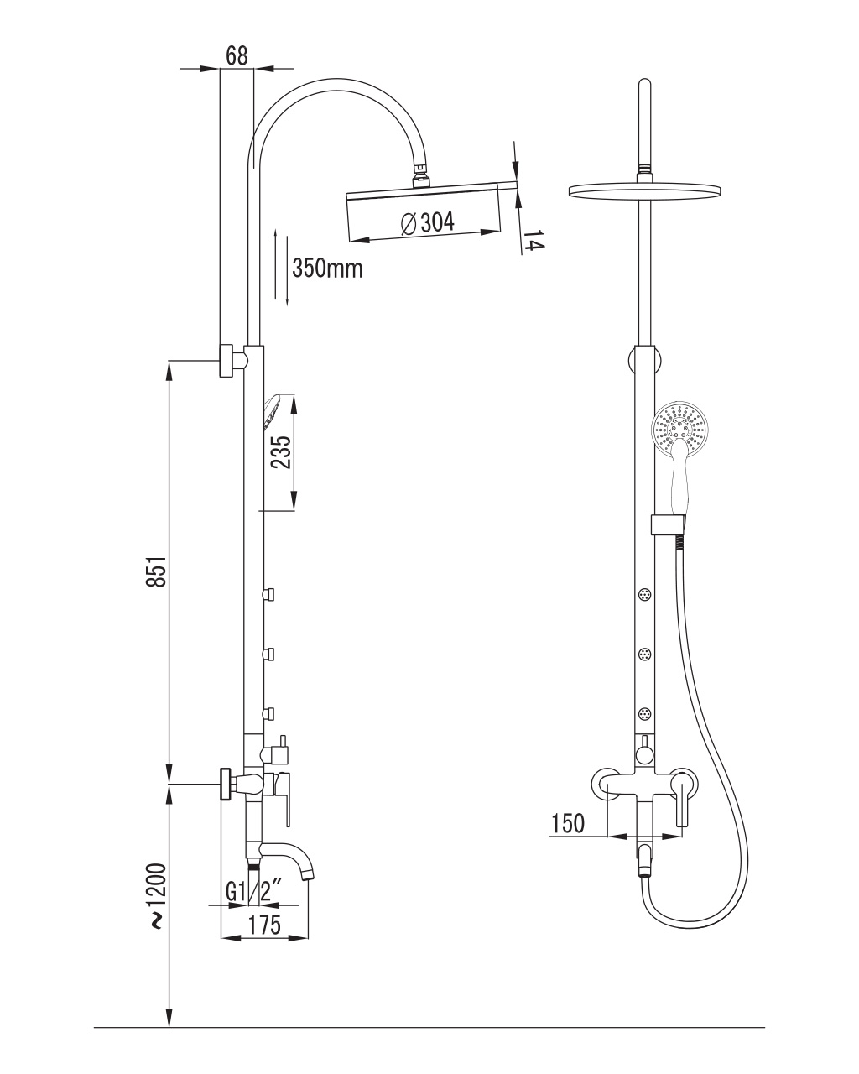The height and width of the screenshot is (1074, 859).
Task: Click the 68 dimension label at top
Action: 237,55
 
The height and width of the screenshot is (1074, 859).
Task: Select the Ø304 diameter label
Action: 428,222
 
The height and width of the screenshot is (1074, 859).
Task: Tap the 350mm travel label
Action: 327,268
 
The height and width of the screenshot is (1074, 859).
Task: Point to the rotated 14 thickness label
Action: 534,240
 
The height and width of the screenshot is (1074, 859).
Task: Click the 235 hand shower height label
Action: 281,452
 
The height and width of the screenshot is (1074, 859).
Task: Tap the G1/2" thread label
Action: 254,892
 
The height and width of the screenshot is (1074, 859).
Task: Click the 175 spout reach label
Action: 264,925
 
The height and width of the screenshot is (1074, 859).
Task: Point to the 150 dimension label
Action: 567,823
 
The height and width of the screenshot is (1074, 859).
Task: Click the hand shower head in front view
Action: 679,429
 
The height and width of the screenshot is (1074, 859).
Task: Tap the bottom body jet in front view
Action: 645,714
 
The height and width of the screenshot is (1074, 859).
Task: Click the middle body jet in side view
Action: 269,654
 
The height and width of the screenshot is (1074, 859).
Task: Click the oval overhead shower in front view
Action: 645,191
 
